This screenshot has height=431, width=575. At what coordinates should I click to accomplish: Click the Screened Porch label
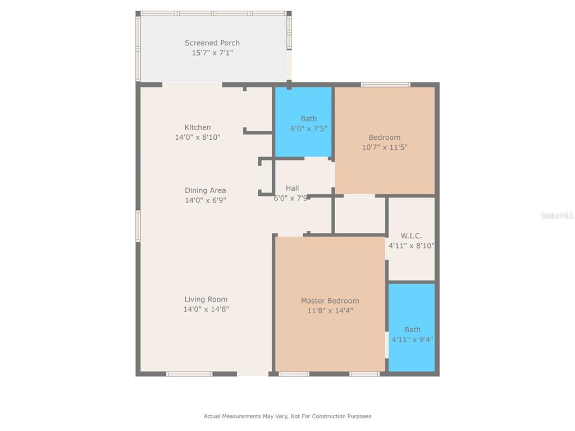[x=212, y=43]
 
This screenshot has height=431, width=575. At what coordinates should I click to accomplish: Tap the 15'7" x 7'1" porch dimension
[x=212, y=53]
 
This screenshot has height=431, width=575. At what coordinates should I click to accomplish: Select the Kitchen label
[x=197, y=127]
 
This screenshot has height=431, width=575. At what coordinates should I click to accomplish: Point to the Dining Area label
[x=205, y=191]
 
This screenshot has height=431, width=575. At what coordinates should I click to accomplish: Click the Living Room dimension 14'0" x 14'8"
[x=206, y=309]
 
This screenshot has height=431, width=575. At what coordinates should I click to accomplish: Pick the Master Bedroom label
[x=330, y=301]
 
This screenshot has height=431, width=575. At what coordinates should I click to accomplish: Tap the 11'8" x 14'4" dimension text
[x=330, y=311]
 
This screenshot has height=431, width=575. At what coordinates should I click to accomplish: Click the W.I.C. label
[x=411, y=236]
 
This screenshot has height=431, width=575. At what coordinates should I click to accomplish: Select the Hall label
[x=292, y=189]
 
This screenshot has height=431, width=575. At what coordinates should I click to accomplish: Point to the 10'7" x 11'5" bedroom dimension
[x=385, y=148]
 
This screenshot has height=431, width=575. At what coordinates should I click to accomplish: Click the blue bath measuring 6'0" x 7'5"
[x=304, y=122]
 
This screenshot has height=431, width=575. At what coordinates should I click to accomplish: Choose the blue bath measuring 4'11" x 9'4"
[x=412, y=328]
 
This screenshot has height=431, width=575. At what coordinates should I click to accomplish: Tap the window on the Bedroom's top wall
[x=385, y=85]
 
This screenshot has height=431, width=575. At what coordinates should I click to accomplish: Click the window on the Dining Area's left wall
[x=138, y=226]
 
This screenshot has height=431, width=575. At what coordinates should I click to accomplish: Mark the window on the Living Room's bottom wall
[x=189, y=374]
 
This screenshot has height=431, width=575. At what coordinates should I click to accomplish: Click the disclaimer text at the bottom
[x=287, y=416]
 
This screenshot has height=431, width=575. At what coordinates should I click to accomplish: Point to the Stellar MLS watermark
[x=557, y=215]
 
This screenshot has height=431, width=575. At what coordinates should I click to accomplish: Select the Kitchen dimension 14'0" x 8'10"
[x=198, y=137]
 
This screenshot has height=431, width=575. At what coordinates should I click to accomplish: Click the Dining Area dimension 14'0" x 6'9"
[x=206, y=200]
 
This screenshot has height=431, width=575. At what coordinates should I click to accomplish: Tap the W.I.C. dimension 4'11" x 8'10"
[x=412, y=246]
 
